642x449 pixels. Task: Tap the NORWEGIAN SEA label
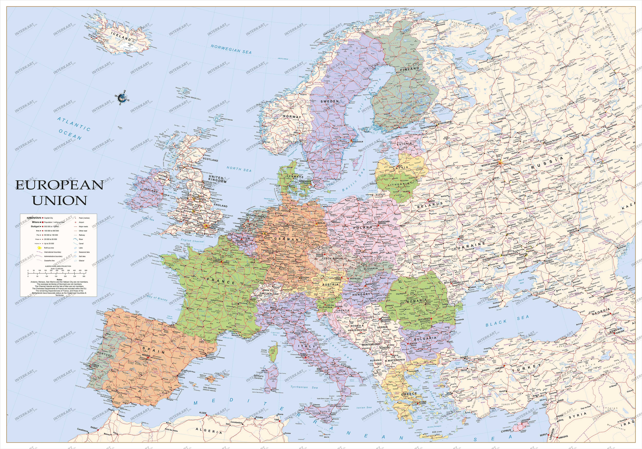click(231, 49)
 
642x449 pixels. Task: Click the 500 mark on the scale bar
click(86, 270)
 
